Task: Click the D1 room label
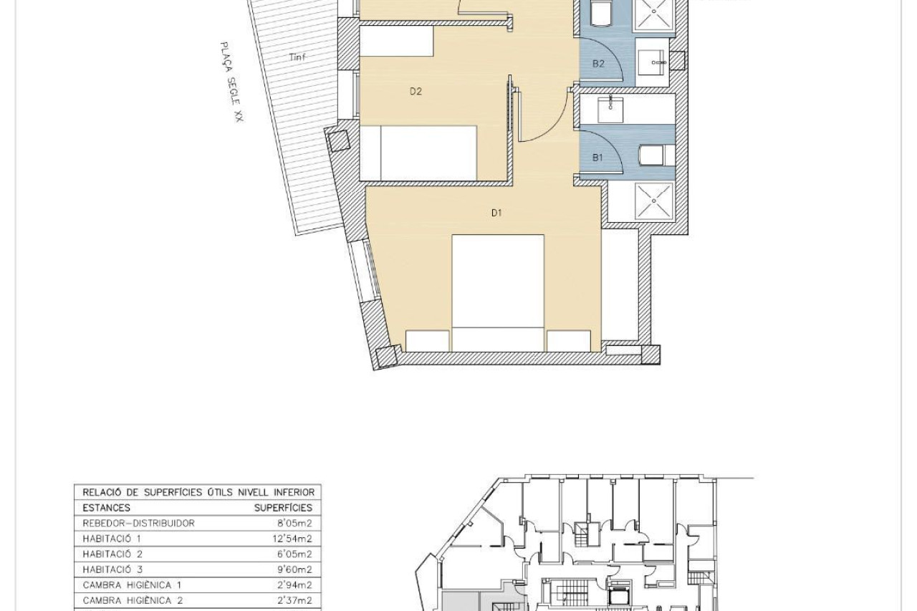(496, 213)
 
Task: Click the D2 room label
(416, 91)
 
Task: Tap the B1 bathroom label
(597, 158)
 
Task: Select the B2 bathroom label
(598, 64)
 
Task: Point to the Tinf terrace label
(297, 57)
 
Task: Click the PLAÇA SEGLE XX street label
(232, 82)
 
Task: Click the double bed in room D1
(498, 293)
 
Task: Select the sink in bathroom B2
(651, 62)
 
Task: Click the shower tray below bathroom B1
(654, 201)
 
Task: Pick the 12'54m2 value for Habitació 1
(292, 539)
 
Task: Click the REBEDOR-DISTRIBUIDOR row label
(138, 523)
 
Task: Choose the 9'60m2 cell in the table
(294, 569)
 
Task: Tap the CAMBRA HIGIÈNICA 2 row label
(133, 600)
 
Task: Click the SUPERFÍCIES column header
(283, 508)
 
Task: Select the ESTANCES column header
(107, 508)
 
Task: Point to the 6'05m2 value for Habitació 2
(294, 554)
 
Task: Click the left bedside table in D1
(428, 341)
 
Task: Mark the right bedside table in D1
(569, 341)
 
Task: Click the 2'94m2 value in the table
(294, 585)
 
